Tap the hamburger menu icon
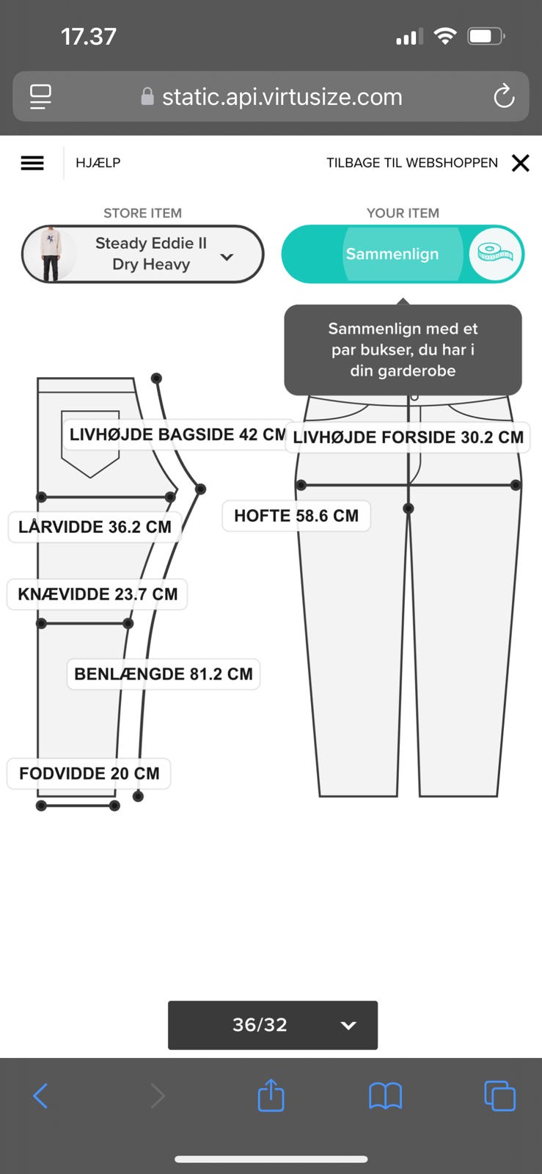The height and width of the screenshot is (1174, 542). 32,163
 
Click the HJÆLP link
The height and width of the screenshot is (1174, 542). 98,163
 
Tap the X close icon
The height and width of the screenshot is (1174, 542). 520,163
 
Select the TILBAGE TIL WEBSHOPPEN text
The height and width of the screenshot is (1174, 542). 411,163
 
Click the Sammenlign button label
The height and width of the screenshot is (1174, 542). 392,254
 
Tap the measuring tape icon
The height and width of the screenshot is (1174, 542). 495,253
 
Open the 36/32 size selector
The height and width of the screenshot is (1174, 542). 273,1024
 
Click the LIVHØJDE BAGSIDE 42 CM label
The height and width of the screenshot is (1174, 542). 176,434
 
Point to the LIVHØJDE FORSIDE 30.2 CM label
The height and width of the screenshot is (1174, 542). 408,437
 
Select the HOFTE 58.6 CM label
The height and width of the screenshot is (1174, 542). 296,516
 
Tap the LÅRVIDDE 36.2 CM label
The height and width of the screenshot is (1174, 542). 95,527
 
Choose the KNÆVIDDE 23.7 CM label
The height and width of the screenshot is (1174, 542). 98,594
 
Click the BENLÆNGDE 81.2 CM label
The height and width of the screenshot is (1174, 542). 164,674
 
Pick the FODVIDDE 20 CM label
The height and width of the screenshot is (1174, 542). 89,773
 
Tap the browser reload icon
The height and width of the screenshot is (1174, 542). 504,96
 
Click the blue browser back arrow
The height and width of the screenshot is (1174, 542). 41,1096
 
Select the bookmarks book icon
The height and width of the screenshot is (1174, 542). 385,1096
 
